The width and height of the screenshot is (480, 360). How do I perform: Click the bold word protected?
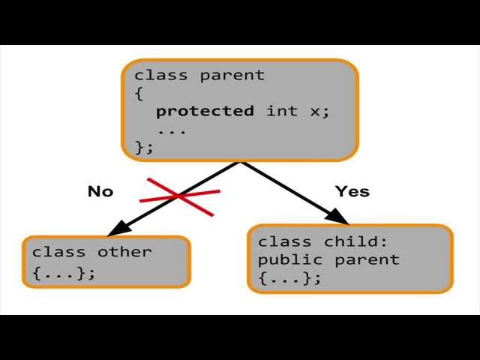(204, 111)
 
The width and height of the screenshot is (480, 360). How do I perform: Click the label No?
(100, 191)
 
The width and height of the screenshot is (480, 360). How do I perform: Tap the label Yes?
(352, 191)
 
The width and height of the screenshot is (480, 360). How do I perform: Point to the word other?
(124, 252)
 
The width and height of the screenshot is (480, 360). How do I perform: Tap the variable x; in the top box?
(319, 111)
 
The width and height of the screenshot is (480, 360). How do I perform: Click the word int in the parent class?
(281, 111)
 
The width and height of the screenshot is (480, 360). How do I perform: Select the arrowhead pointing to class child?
(340, 219)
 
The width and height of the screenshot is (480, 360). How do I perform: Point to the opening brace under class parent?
(139, 93)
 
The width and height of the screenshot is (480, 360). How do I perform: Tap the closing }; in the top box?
(144, 146)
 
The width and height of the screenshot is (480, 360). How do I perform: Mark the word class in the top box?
(160, 76)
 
